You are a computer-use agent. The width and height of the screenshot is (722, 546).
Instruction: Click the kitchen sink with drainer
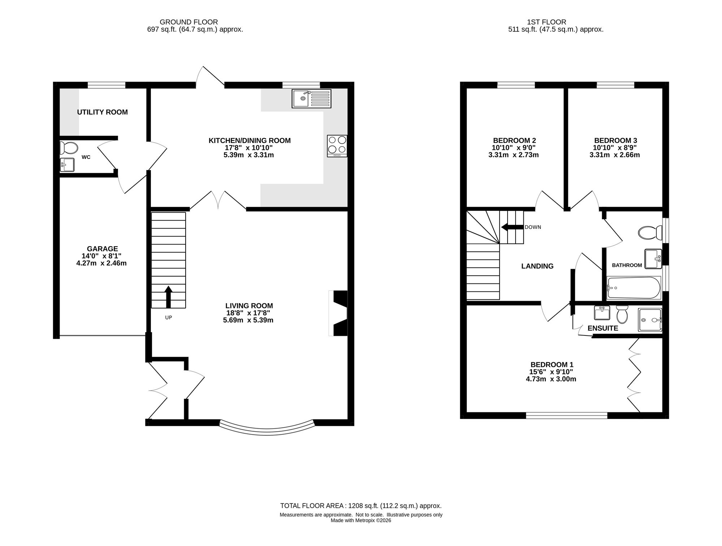pyautogui.click(x=311, y=99)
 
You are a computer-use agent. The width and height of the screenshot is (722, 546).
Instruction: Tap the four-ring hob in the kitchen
pyautogui.click(x=337, y=146)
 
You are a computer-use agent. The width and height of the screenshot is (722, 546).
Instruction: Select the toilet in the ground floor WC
pyautogui.click(x=69, y=148)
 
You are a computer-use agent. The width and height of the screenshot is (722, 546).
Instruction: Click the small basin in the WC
pyautogui.click(x=67, y=165)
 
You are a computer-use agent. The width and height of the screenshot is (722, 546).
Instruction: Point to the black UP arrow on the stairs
pyautogui.click(x=168, y=297)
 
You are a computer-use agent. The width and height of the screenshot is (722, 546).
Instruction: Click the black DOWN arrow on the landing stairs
pyautogui.click(x=512, y=227)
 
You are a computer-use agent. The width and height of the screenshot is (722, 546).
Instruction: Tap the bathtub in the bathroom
pyautogui.click(x=634, y=288)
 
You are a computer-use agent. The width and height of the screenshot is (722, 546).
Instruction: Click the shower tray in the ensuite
pyautogui.click(x=650, y=320)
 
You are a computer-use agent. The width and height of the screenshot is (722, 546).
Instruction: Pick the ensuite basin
pyautogui.click(x=602, y=313)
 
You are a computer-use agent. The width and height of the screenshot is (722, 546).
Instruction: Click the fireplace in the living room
pyautogui.click(x=338, y=313)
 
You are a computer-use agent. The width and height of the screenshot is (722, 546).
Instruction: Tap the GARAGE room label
pyautogui.click(x=103, y=249)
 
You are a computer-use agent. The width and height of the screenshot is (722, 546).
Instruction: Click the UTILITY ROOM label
pyautogui.click(x=103, y=112)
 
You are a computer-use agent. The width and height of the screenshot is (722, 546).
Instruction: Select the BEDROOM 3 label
pyautogui.click(x=616, y=140)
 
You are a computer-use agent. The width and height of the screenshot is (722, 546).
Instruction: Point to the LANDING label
pyautogui.click(x=537, y=266)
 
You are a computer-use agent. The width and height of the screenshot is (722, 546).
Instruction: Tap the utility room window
pyautogui.click(x=106, y=85)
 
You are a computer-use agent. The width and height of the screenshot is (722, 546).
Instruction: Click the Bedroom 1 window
pyautogui.click(x=566, y=416)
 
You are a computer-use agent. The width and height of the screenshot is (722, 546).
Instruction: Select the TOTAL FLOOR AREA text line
pyautogui.click(x=361, y=506)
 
